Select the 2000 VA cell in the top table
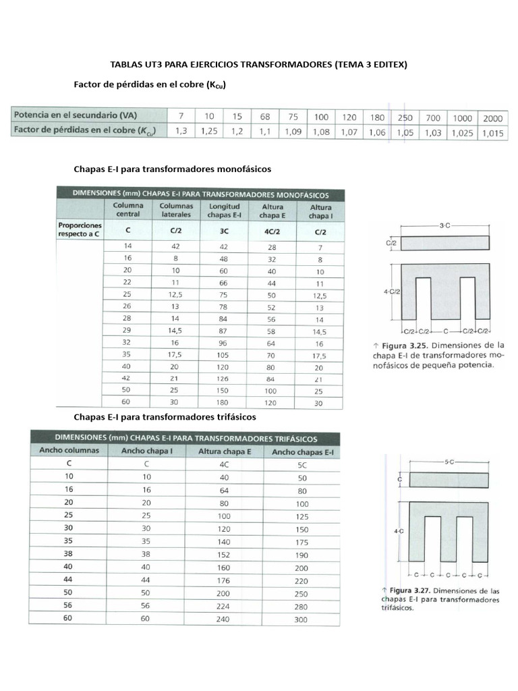492,117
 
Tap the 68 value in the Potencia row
265,117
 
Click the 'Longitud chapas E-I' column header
224,211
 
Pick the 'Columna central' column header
127,210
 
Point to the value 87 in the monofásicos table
224,332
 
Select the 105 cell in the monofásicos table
224,356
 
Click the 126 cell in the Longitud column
224,379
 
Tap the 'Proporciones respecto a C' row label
80,229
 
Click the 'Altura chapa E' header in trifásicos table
224,451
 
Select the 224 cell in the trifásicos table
224,606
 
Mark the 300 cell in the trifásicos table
301,619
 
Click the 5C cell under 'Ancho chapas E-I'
301,465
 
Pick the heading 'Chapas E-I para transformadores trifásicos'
165,417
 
